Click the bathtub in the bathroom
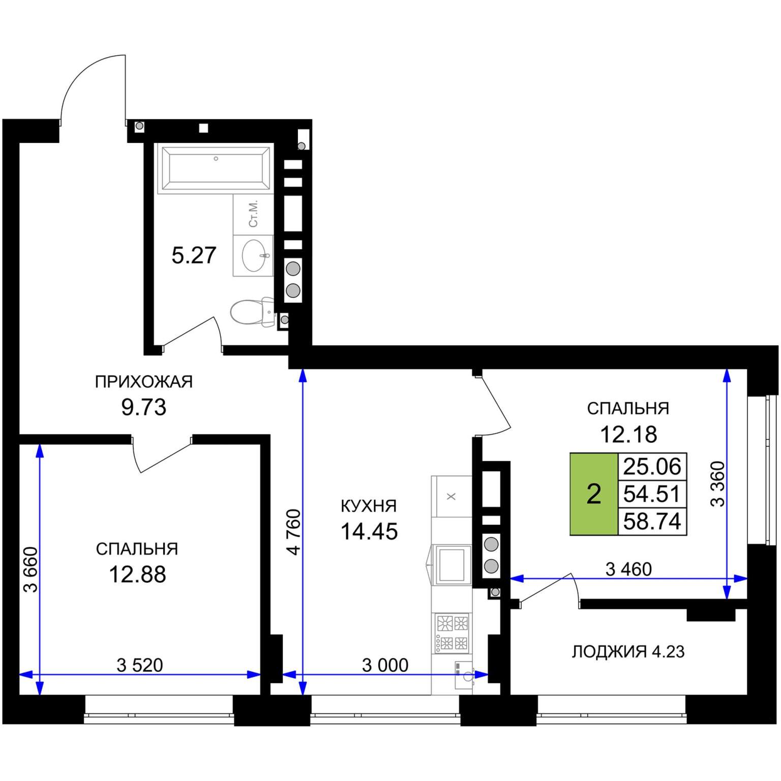point(214,168)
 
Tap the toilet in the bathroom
point(252,312)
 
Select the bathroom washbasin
point(253,255)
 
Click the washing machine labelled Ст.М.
point(253,214)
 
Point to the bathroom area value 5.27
point(194,255)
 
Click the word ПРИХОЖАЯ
point(144,381)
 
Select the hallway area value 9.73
point(144,407)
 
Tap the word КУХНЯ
point(369,506)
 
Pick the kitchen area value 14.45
point(369,531)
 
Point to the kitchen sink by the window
point(464,675)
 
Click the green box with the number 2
point(594,494)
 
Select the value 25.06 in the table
point(652,466)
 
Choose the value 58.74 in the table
point(652,521)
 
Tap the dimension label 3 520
point(140,665)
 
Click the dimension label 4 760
point(294,532)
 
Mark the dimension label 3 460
point(628,569)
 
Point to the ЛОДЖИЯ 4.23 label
point(628,651)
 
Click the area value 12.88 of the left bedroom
point(137,575)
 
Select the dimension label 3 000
point(385,665)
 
